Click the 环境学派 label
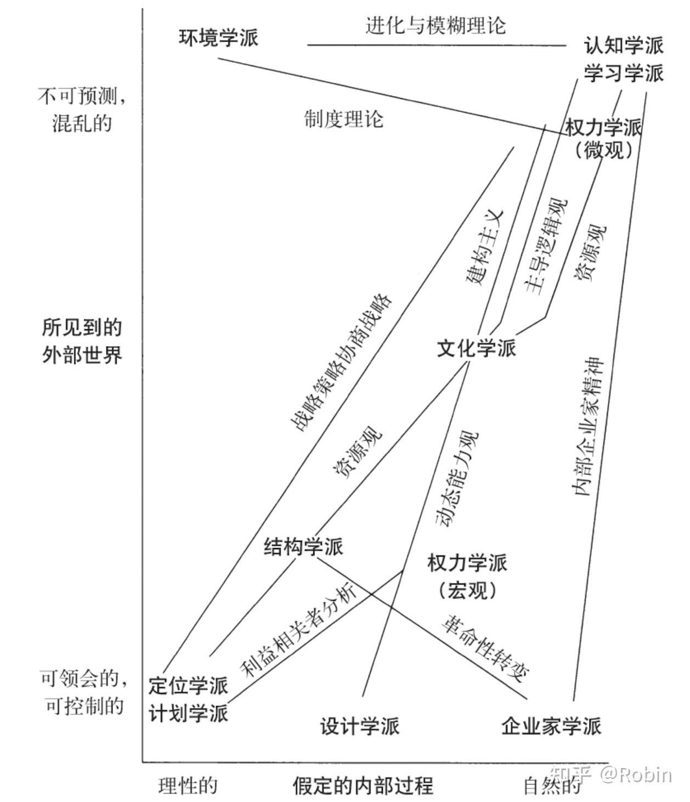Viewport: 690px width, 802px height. coord(218,38)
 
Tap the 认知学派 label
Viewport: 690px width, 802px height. coord(624,45)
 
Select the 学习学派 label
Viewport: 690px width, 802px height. coord(624,72)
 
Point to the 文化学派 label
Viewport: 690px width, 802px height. coord(476,348)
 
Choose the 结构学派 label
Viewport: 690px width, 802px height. coord(303,546)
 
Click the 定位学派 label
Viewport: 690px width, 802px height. coord(188,686)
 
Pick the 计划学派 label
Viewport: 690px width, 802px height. coord(188,713)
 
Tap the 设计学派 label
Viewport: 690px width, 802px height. coord(360,726)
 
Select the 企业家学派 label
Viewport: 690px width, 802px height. coord(551,726)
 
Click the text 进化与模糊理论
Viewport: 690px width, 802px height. coord(436,25)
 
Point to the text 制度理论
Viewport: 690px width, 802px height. coord(344,118)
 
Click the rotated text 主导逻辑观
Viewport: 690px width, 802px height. coord(545,246)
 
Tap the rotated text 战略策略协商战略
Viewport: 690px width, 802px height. coord(341,362)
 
